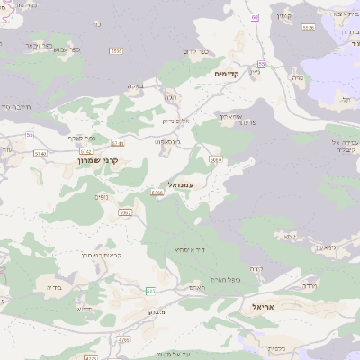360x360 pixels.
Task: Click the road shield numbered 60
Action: coord(255,17)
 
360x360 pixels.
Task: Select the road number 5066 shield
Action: coord(157,193)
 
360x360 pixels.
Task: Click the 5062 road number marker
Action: coord(126,212)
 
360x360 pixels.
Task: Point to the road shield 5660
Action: coord(216,159)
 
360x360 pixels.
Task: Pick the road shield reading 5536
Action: coord(309,28)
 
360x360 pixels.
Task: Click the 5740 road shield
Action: coord(64,154)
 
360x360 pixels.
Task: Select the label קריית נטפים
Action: coord(89,256)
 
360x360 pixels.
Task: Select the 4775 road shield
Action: coord(122,340)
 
